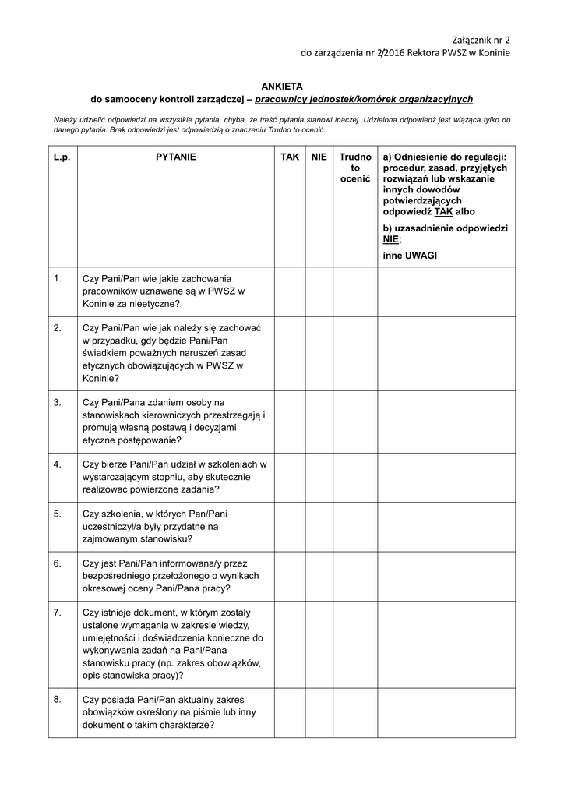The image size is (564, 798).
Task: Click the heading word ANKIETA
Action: tap(281, 86)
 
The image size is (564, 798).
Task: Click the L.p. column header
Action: tap(62, 157)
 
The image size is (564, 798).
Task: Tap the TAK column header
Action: tap(290, 157)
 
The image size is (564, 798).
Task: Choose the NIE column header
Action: tap(319, 157)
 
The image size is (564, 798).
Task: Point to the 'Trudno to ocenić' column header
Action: tap(355, 168)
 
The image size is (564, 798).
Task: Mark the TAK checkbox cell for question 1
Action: tap(290, 291)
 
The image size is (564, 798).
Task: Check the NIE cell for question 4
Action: tap(319, 477)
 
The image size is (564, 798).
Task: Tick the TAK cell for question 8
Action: tap(290, 712)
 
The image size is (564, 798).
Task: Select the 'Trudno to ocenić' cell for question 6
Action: tap(355, 575)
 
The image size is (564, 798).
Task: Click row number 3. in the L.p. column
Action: tap(58, 403)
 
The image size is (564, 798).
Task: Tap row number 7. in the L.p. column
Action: tap(58, 613)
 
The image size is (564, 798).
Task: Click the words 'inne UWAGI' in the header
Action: tap(410, 255)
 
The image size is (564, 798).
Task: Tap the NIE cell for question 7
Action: tap(319, 644)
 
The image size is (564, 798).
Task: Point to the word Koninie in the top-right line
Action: tap(492, 53)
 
